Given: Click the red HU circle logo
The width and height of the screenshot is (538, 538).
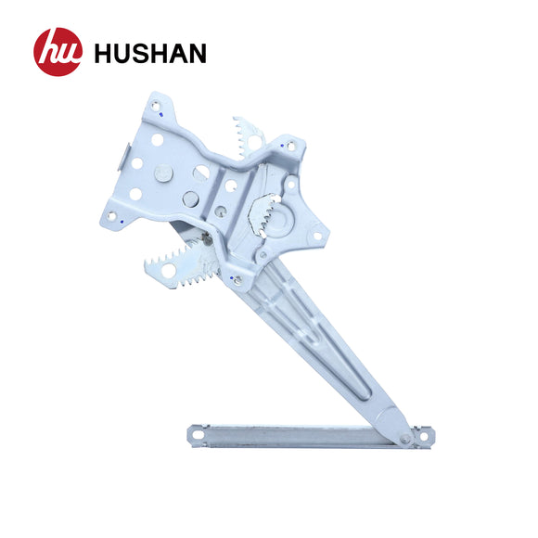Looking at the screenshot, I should [x=58, y=52].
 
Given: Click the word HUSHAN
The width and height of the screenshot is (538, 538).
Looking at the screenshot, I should [x=149, y=53].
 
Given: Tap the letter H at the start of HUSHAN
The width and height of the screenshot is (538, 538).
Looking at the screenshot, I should [x=104, y=53].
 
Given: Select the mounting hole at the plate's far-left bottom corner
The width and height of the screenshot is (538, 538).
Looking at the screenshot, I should [x=113, y=216].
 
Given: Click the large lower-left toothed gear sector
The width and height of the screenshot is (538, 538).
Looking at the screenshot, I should [x=181, y=261].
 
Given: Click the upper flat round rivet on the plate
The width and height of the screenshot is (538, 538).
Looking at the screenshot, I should [x=164, y=173].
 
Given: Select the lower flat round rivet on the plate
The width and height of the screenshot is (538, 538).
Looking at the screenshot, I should [x=191, y=198].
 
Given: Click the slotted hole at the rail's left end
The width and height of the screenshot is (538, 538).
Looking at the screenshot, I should [x=195, y=432].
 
